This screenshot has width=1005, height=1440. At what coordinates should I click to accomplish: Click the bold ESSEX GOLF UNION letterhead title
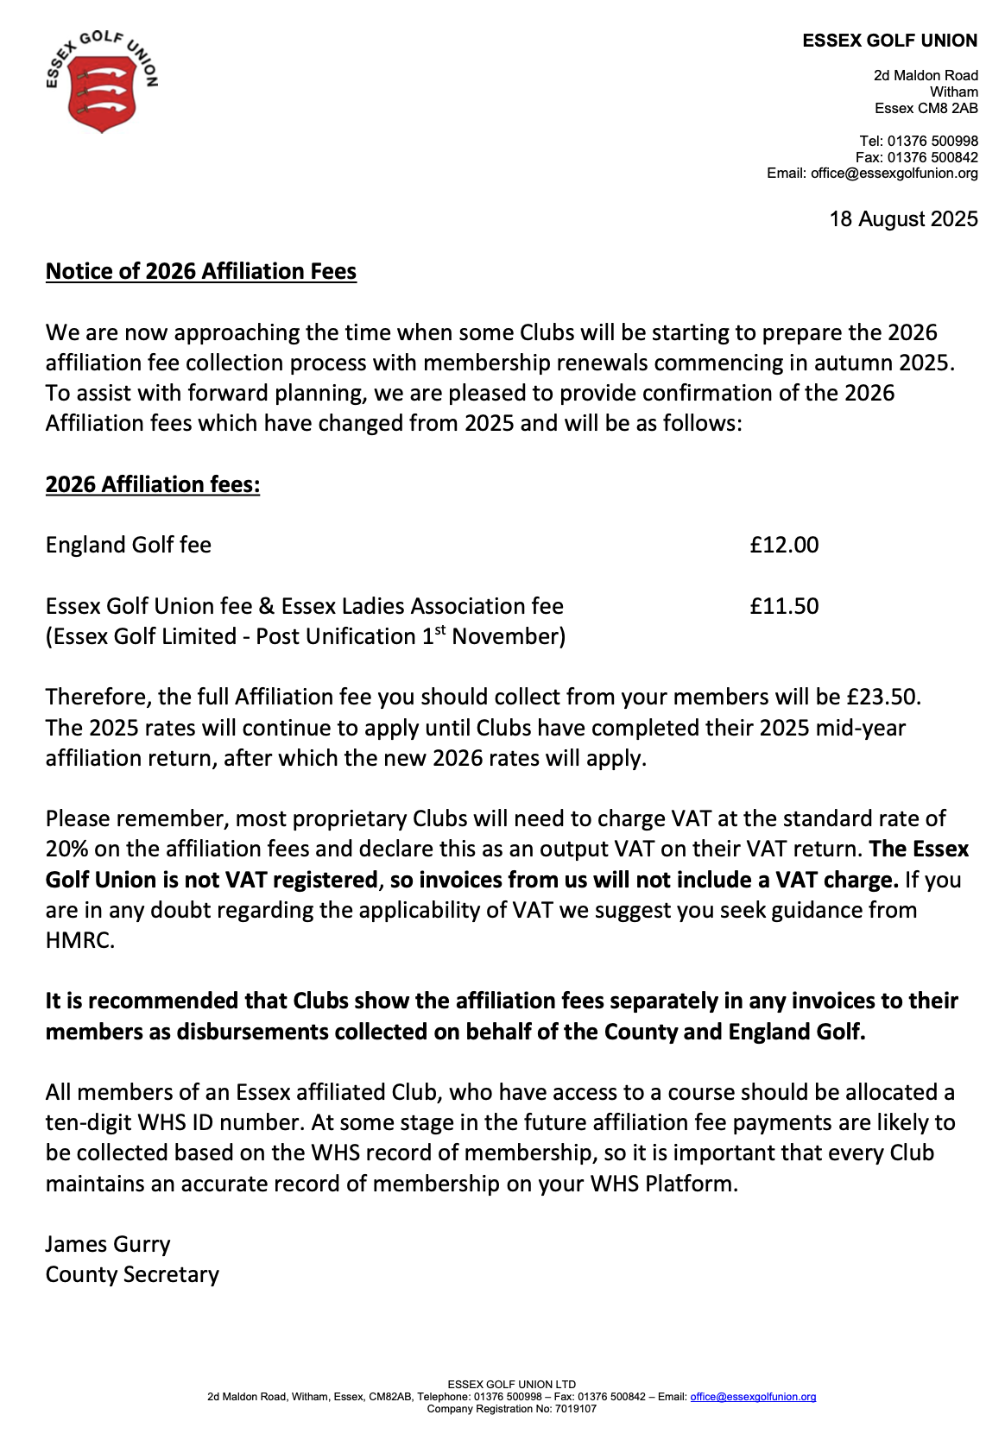pos(889,41)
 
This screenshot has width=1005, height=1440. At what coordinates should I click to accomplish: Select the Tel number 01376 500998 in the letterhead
pos(932,141)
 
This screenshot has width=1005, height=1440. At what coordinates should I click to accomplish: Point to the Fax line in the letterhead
pos(916,157)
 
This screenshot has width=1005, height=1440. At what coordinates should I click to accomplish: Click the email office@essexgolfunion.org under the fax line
pos(894,174)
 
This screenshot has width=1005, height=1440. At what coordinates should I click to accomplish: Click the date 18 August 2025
pos(903,219)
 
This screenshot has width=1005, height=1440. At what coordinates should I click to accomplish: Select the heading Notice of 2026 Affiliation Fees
pos(200,271)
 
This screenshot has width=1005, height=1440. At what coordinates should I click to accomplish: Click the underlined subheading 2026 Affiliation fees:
pos(153,484)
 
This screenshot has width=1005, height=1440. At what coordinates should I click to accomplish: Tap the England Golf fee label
pos(129,545)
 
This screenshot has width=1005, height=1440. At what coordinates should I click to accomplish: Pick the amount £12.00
pos(784,545)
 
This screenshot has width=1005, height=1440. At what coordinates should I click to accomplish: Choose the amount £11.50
pos(784,606)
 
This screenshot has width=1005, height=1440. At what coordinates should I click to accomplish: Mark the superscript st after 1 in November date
pos(440,630)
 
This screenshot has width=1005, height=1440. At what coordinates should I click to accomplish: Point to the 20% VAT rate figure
pos(66,849)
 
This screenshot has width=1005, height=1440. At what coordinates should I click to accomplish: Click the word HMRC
pos(79,940)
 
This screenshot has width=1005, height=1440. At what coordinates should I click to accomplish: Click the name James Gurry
pos(108,1244)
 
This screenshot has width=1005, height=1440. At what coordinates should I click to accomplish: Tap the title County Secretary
pos(132,1274)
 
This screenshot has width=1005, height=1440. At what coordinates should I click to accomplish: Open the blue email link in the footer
pos(753,1397)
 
